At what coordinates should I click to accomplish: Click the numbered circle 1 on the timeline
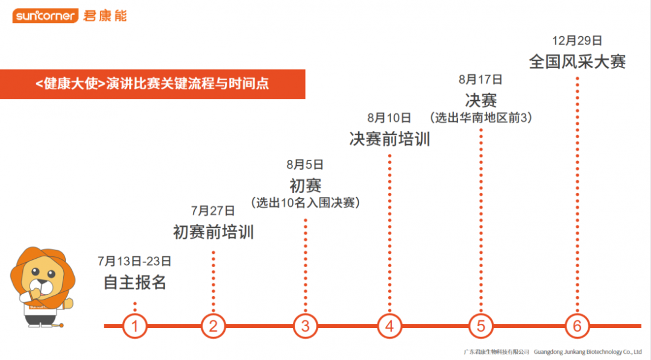(x=135, y=326)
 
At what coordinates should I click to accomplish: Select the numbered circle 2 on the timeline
(x=213, y=326)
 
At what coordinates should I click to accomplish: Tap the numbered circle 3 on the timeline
(x=306, y=326)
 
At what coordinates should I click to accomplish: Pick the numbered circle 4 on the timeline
(x=390, y=326)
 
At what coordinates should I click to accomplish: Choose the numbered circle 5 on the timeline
(x=481, y=326)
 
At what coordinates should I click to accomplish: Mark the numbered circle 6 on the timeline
(x=577, y=326)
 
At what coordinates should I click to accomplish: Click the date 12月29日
(x=577, y=41)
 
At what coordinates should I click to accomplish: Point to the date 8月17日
(x=480, y=79)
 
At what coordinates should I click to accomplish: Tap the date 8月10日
(x=389, y=118)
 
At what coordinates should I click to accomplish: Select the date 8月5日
(x=306, y=164)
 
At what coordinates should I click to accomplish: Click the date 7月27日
(x=213, y=210)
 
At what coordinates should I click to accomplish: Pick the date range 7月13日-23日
(x=134, y=261)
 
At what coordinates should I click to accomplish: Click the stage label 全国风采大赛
(x=577, y=62)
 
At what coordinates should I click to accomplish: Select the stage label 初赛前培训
(x=213, y=232)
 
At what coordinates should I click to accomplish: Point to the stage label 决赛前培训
(x=389, y=139)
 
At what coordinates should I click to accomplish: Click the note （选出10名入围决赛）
(x=306, y=203)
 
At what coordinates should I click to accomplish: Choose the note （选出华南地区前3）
(x=480, y=118)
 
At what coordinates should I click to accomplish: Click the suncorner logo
(x=45, y=16)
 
